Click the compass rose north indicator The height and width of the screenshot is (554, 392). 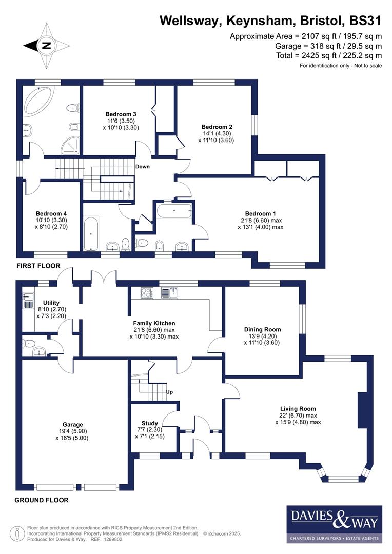pos(46,46)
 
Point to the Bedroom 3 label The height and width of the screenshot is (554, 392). pos(121,114)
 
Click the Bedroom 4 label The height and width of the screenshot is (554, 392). pos(51,213)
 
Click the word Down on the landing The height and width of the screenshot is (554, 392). pos(142,167)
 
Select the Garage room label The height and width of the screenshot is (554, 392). pos(73,425)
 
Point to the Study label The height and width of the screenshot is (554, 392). pos(149,423)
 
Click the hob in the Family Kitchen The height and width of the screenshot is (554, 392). pos(146,293)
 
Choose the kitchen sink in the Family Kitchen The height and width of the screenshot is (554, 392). pos(168,293)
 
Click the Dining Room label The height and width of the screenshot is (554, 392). pos(262,329)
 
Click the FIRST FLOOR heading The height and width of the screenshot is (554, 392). pos(38,266)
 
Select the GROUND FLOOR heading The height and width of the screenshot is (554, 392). pos(41,500)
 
